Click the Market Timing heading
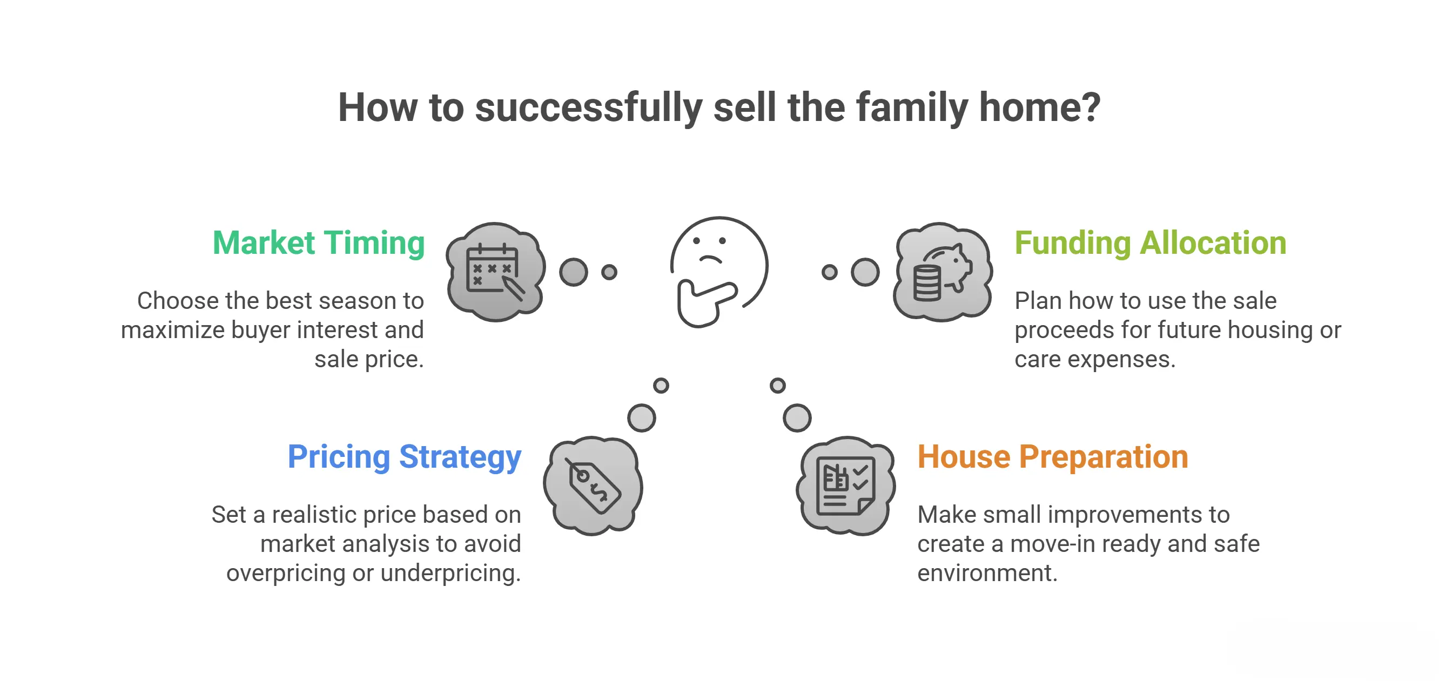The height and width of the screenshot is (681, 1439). pos(318,244)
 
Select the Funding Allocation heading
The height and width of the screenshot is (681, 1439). pos(1150,244)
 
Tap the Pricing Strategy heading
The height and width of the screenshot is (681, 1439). pos(405,457)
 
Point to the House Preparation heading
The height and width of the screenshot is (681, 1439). pos(1052,457)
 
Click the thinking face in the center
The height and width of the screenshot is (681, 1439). pos(720,262)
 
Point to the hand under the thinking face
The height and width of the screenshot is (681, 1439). pos(705,303)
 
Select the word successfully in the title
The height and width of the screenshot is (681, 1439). pos(588,109)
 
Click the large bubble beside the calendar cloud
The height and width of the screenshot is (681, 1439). pos(574,272)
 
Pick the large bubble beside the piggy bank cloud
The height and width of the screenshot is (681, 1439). pos(865,272)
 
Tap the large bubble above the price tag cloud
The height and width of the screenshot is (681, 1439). pos(642,418)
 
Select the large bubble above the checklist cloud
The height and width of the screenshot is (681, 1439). pos(797,418)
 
